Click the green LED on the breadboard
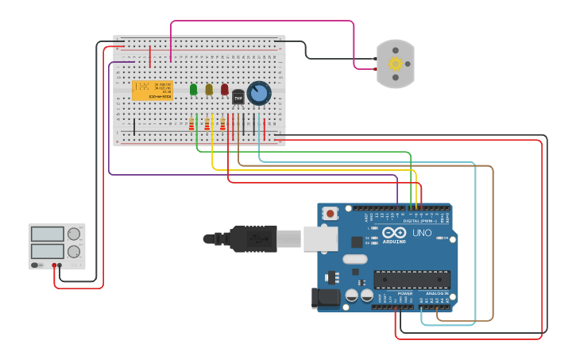click(x=193, y=89)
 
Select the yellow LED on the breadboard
click(x=209, y=89)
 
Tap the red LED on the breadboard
click(x=224, y=89)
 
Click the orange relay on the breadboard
click(x=152, y=91)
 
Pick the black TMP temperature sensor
click(x=238, y=98)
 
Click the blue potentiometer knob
click(x=258, y=93)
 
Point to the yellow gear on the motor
click(x=395, y=64)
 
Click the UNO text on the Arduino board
click(x=421, y=233)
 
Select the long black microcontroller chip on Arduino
click(x=412, y=279)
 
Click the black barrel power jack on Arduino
click(x=327, y=298)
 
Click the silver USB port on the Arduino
click(x=320, y=238)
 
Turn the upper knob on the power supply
click(x=74, y=234)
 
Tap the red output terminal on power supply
click(x=54, y=265)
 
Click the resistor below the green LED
click(x=191, y=124)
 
